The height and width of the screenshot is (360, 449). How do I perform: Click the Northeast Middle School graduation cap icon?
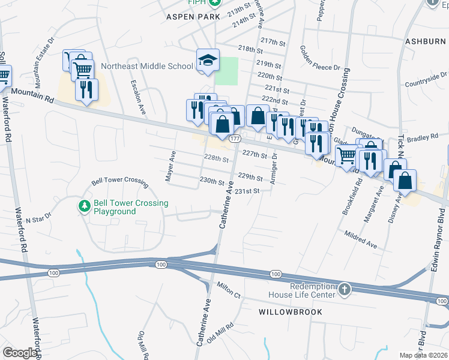pyautogui.click(x=208, y=59)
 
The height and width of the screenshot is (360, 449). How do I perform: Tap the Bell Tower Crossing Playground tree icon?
pyautogui.click(x=85, y=207)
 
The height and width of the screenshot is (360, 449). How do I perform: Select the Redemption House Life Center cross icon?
pyautogui.click(x=345, y=290)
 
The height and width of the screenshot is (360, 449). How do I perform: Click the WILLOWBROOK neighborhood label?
pyautogui.click(x=291, y=312)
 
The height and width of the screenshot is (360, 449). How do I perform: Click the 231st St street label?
pyautogui.click(x=247, y=191)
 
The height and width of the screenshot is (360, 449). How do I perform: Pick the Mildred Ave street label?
pyautogui.click(x=360, y=240)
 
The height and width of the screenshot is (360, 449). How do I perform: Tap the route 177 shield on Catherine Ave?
pyautogui.click(x=234, y=138)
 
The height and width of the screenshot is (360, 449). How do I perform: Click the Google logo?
pyautogui.click(x=20, y=352)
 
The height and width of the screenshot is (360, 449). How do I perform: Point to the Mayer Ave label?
pyautogui.click(x=170, y=166)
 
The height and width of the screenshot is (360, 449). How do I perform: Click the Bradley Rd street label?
pyautogui.click(x=423, y=138)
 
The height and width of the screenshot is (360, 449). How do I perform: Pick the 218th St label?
pyautogui.click(x=251, y=48)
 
